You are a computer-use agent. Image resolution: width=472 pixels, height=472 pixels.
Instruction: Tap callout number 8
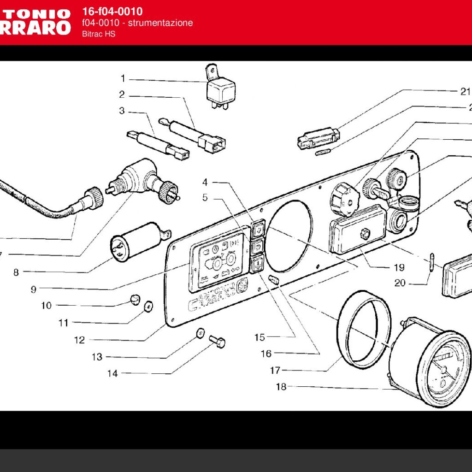click(x=16, y=272)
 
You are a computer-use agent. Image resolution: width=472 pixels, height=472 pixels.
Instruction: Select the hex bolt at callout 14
click(x=218, y=342)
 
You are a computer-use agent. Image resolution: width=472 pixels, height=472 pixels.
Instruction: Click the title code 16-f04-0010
click(x=112, y=12)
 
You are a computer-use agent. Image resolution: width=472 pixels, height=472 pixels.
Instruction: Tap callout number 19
click(x=399, y=267)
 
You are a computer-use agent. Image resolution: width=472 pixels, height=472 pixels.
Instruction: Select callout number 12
click(x=79, y=340)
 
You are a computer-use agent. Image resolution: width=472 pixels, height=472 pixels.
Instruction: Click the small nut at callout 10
click(x=134, y=300)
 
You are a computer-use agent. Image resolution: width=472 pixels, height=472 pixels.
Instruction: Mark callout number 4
click(x=205, y=182)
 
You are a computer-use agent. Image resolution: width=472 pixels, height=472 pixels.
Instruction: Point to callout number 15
click(x=260, y=337)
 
